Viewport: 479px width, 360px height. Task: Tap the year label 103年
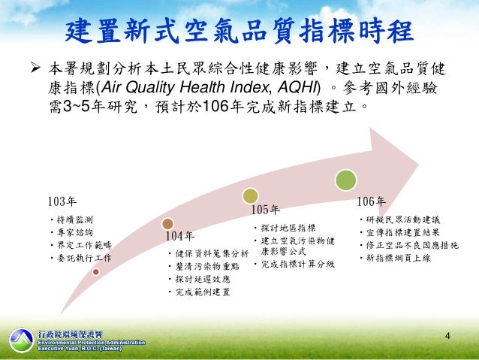pyautogui.click(x=62, y=201)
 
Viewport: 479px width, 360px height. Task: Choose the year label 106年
pyautogui.click(x=371, y=201)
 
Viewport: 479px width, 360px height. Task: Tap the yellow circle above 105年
pyautogui.click(x=251, y=195)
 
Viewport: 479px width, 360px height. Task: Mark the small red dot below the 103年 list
pyautogui.click(x=95, y=272)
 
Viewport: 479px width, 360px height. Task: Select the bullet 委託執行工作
pyautogui.click(x=82, y=258)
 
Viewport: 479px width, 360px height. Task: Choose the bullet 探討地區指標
pyautogui.click(x=288, y=228)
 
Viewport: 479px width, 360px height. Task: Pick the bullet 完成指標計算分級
pyautogui.click(x=296, y=264)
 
